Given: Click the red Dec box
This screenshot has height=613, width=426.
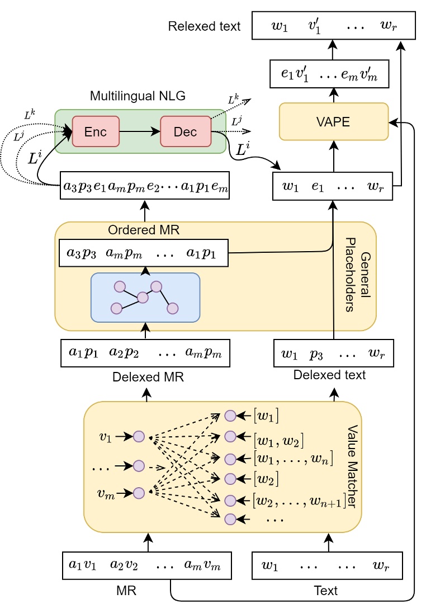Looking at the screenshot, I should pos(185,131).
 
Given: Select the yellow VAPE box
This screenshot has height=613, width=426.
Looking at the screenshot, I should pos(333,121).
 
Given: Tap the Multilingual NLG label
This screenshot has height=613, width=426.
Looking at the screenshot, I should pos(138,96).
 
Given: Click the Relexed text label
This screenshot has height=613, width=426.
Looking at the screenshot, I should pos(205,26).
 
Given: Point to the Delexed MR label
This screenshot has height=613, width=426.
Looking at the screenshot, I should pos(148,376).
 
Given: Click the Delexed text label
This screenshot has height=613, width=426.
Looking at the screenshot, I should pos(329,375).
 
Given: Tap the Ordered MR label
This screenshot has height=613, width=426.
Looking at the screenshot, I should pos(136,230).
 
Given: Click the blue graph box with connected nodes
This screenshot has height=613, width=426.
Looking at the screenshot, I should pos(145,298).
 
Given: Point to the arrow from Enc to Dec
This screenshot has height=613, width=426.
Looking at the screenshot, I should pos(139,131).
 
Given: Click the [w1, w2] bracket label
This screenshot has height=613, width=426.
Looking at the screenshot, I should pos(278,440).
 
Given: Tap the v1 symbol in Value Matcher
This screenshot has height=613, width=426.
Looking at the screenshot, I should pos(105,437).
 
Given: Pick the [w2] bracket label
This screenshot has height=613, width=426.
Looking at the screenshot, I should pos(266,479).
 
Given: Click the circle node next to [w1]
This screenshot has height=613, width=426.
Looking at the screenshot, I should pos(230,416).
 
